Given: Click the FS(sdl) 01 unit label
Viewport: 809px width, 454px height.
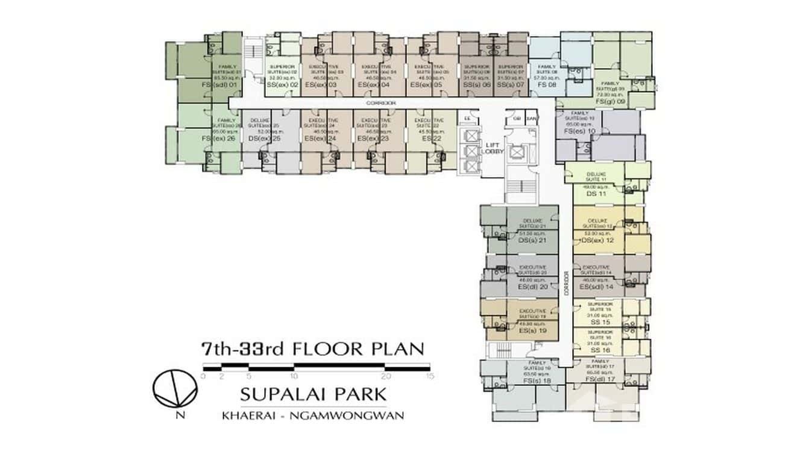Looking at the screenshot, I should click(221, 86).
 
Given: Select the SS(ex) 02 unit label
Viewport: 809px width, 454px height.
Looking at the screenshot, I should click(283, 86).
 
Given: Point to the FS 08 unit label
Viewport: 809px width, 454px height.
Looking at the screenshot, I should click(546, 86).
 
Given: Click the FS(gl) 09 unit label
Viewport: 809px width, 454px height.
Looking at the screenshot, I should click(610, 102).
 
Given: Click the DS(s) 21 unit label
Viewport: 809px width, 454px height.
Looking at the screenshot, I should click(533, 241).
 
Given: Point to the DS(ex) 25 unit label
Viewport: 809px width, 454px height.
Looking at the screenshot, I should click(265, 138).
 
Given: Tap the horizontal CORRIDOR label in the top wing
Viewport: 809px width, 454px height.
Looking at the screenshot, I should click(383, 104).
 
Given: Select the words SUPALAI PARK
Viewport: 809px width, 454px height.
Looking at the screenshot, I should click(313, 395).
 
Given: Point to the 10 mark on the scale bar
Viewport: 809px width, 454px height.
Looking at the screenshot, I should click(294, 376).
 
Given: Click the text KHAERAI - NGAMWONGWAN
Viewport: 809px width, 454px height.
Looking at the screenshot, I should click(313, 415).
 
